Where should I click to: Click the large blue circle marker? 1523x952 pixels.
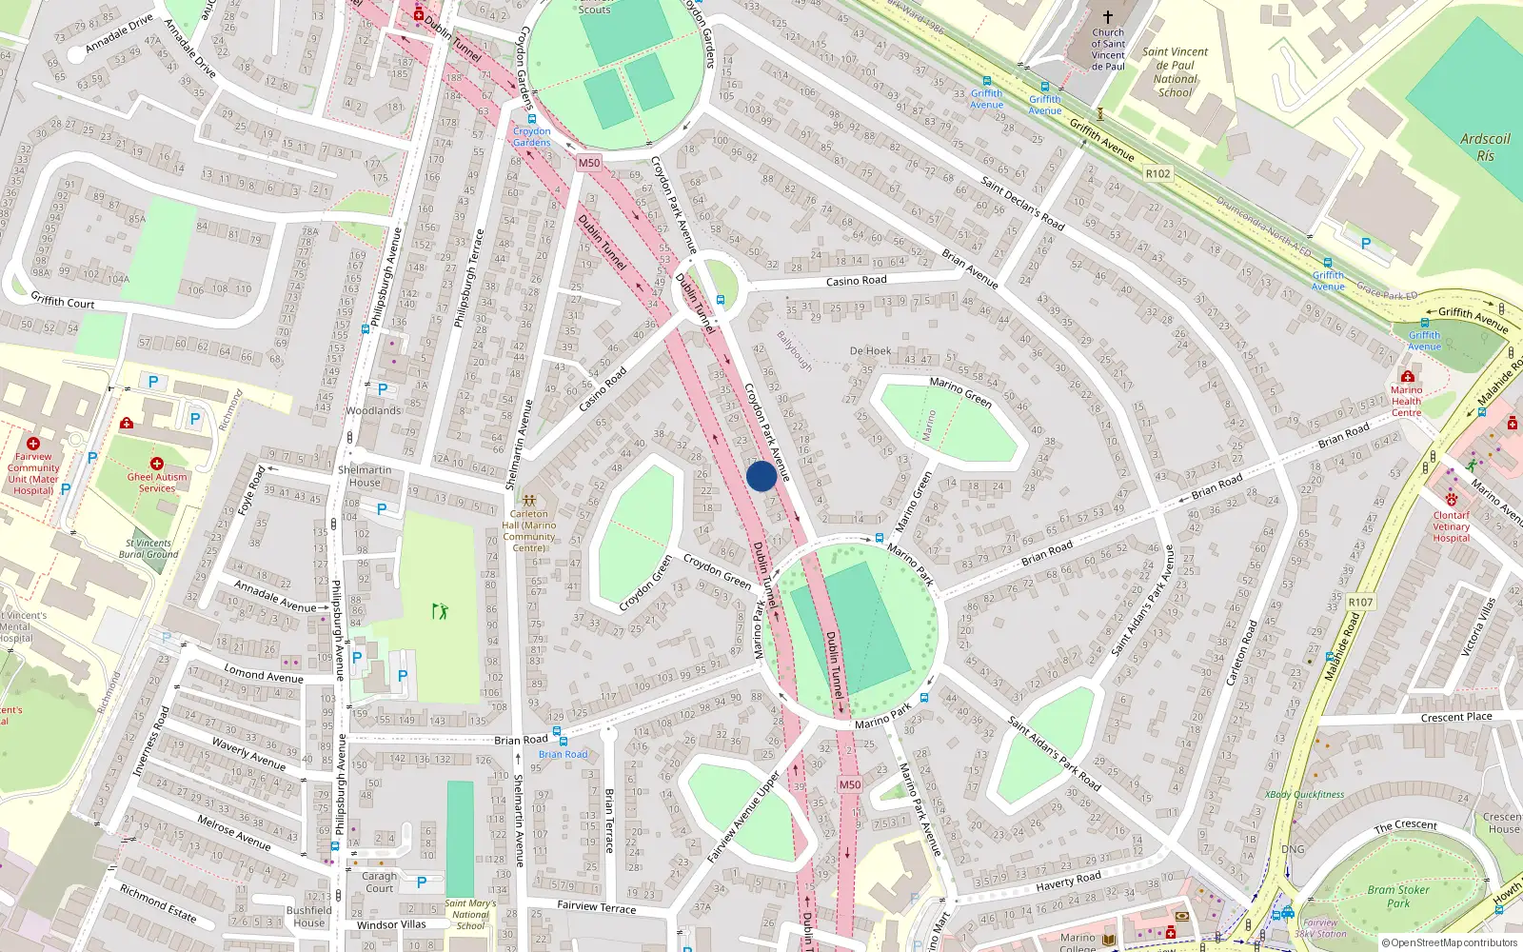click(761, 476)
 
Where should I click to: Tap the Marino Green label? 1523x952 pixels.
click(960, 392)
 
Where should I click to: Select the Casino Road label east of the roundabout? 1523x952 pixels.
click(856, 281)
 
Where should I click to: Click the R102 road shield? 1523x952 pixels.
click(1157, 173)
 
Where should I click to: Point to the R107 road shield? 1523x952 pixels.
click(1361, 602)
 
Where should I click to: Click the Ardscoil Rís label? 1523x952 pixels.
click(1485, 147)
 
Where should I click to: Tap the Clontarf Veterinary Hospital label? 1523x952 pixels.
click(1451, 526)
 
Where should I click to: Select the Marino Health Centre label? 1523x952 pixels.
click(1406, 401)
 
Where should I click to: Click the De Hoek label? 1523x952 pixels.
click(870, 351)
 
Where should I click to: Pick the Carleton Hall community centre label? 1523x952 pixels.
click(529, 530)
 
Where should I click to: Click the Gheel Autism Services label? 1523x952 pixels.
click(157, 483)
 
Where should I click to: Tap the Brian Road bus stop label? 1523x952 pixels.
click(563, 754)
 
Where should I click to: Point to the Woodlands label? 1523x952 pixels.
click(373, 411)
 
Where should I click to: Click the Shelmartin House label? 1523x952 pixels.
click(365, 476)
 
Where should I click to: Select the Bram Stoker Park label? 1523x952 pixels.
click(1397, 897)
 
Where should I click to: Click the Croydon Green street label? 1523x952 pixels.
click(717, 571)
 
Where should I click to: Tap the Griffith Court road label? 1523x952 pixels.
click(63, 301)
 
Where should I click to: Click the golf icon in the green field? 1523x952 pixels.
click(440, 610)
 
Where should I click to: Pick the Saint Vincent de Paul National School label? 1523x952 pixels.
click(1175, 72)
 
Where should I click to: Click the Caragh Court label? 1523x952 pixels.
click(379, 882)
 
